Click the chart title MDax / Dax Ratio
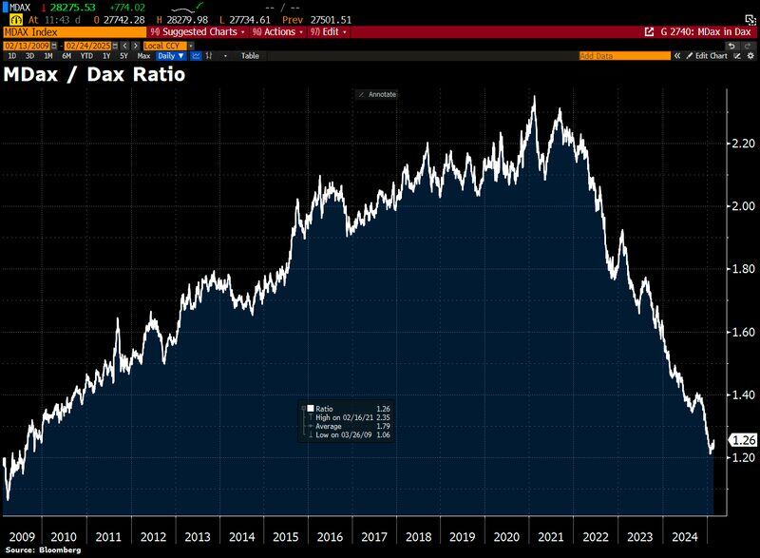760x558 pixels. click(x=94, y=74)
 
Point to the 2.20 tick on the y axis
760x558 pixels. click(x=742, y=144)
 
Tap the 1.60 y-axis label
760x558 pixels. click(x=742, y=333)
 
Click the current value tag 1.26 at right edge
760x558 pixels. click(x=742, y=440)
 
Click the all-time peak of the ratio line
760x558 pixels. click(x=533, y=97)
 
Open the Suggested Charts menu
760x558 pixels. click(x=199, y=31)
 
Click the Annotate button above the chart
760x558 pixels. click(x=377, y=94)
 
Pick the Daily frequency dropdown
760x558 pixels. click(x=171, y=56)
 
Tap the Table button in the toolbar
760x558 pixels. click(x=249, y=56)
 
